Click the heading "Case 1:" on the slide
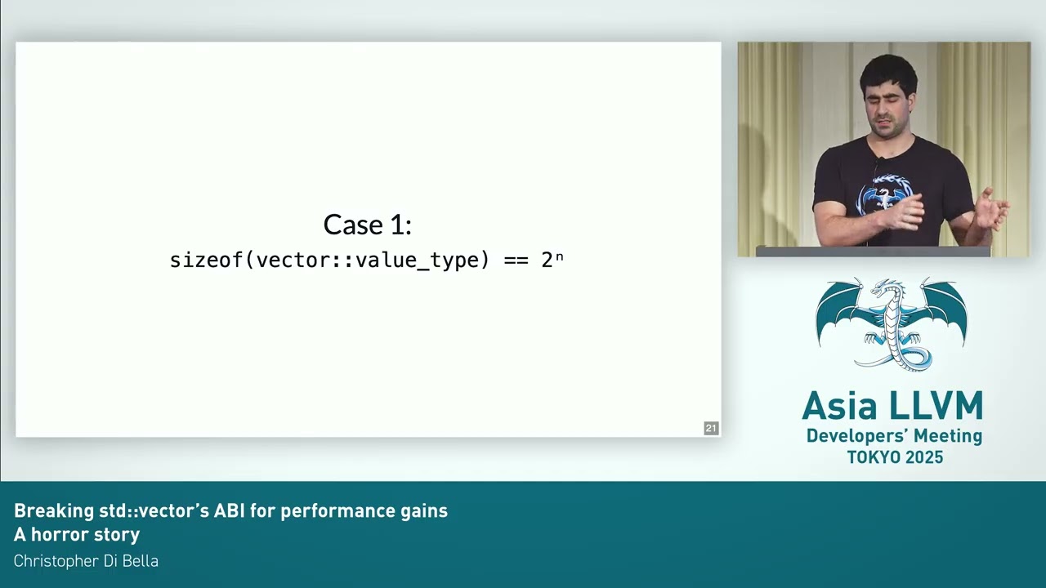click(367, 225)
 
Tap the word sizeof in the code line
click(207, 260)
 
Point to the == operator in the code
click(516, 261)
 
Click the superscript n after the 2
click(560, 256)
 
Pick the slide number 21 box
click(711, 428)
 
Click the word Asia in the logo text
click(839, 406)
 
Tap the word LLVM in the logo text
click(936, 406)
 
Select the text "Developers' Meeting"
click(894, 436)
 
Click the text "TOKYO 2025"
click(895, 457)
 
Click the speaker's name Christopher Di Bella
click(86, 561)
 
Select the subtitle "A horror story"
click(77, 535)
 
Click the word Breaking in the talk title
click(54, 511)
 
